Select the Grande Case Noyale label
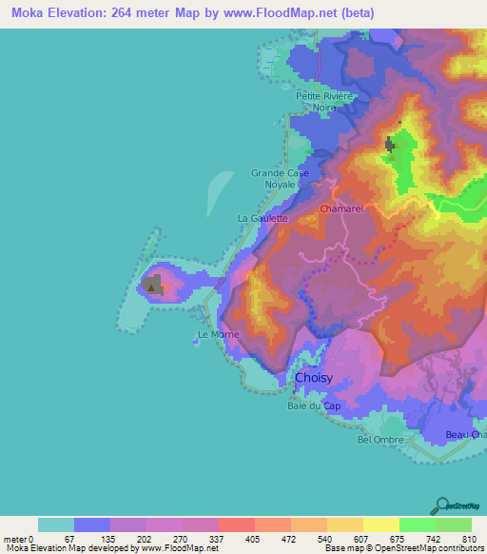pos(280,178)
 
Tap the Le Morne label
pos(219,335)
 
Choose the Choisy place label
pos(314,378)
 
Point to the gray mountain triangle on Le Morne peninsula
pos(152,284)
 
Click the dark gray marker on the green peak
pos(389,144)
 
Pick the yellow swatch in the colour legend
pos(381,524)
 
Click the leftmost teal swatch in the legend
pos(56,524)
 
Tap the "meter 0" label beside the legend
pos(18,538)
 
